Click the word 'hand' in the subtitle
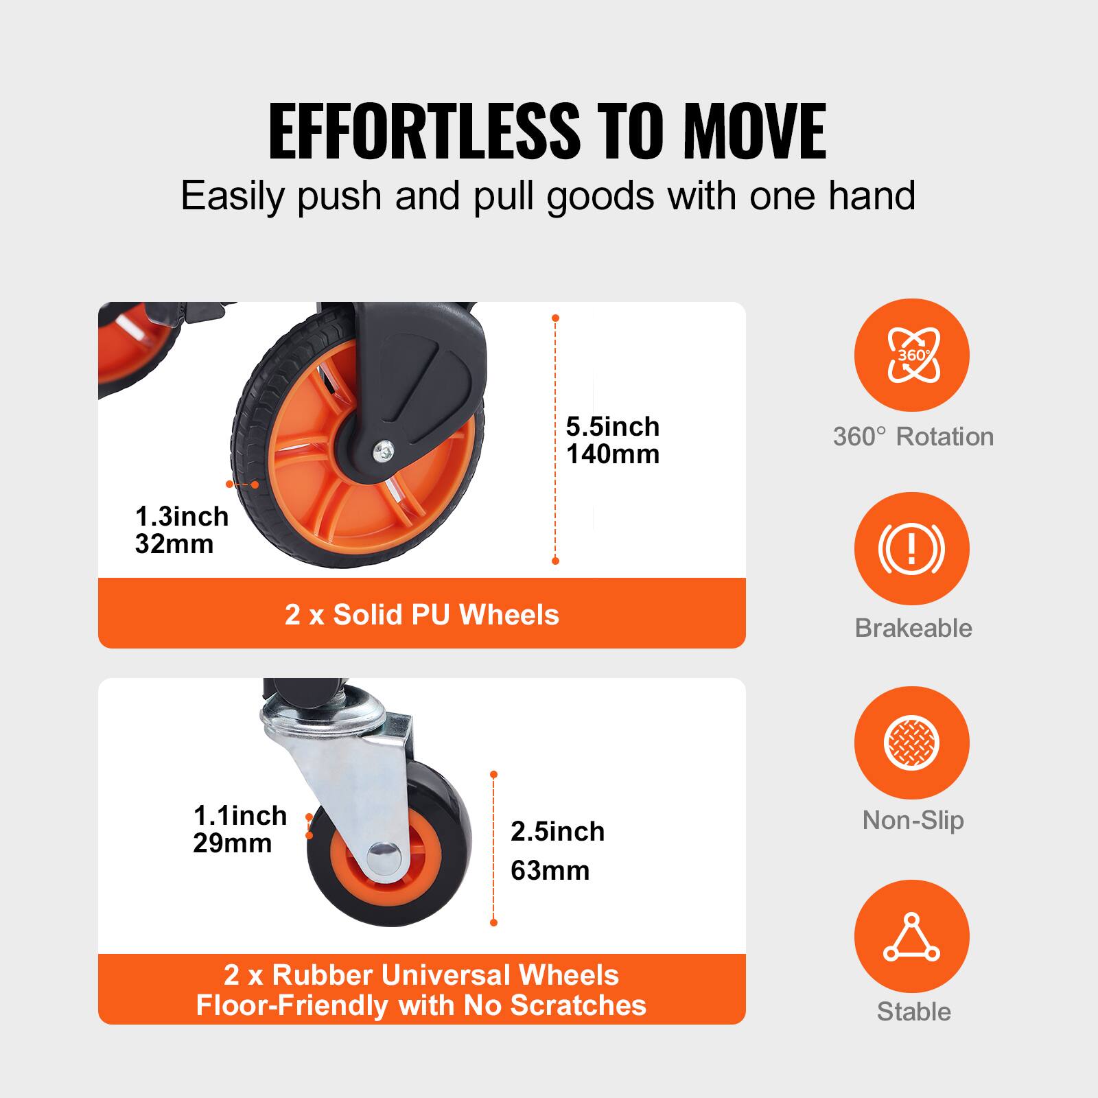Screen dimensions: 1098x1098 click(872, 196)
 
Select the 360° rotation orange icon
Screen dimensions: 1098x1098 click(911, 355)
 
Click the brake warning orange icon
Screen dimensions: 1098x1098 click(911, 548)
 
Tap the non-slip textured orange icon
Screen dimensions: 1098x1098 click(911, 743)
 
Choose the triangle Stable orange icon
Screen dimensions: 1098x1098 click(911, 937)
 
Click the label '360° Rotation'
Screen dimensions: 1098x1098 click(913, 436)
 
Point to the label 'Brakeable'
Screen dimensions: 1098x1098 click(913, 628)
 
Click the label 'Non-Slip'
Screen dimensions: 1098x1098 click(913, 820)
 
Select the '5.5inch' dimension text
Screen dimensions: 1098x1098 click(612, 427)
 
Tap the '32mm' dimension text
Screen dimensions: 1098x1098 click(174, 544)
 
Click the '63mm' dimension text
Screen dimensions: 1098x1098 click(550, 871)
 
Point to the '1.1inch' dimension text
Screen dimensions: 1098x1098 click(240, 816)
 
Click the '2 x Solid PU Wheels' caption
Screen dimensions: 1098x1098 click(421, 614)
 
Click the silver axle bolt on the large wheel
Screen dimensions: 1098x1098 click(382, 450)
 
